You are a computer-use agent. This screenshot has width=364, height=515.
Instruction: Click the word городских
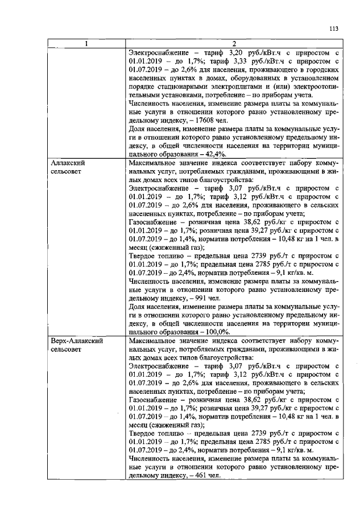(x=323, y=71)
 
